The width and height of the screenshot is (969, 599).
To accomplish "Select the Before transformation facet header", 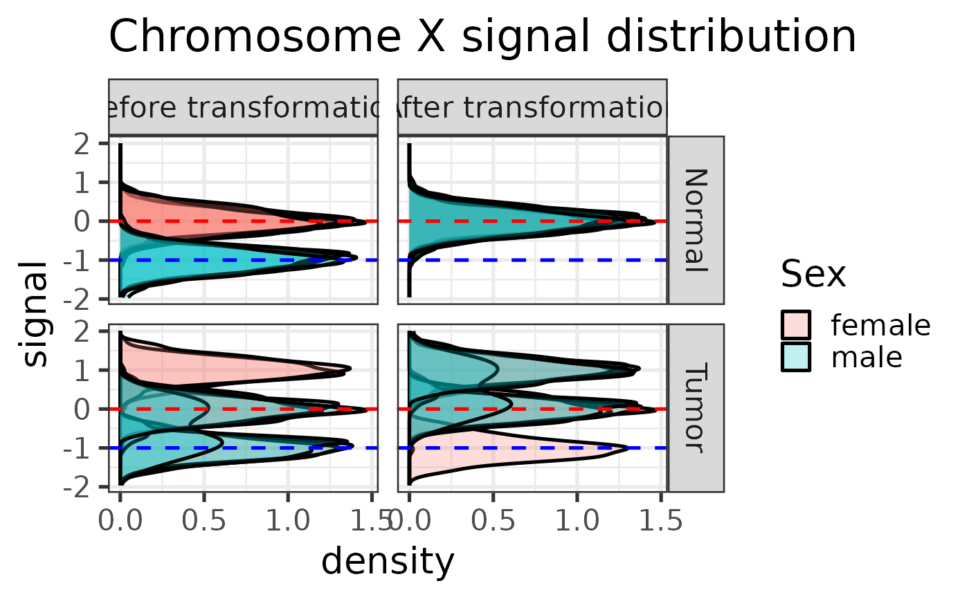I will [243, 107].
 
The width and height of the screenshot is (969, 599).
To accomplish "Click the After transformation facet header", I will [532, 107].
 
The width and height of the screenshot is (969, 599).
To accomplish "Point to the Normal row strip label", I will [696, 220].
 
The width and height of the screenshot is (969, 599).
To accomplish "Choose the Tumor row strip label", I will [696, 407].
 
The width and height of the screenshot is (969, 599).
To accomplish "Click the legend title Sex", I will [813, 275].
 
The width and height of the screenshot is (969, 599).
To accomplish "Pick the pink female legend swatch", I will [797, 324].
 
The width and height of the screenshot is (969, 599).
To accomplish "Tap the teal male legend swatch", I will [797, 357].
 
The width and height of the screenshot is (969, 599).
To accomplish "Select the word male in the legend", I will [867, 357].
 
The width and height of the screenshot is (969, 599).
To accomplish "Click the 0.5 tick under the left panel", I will [204, 520].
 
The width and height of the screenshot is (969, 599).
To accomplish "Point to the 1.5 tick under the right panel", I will [658, 520].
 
